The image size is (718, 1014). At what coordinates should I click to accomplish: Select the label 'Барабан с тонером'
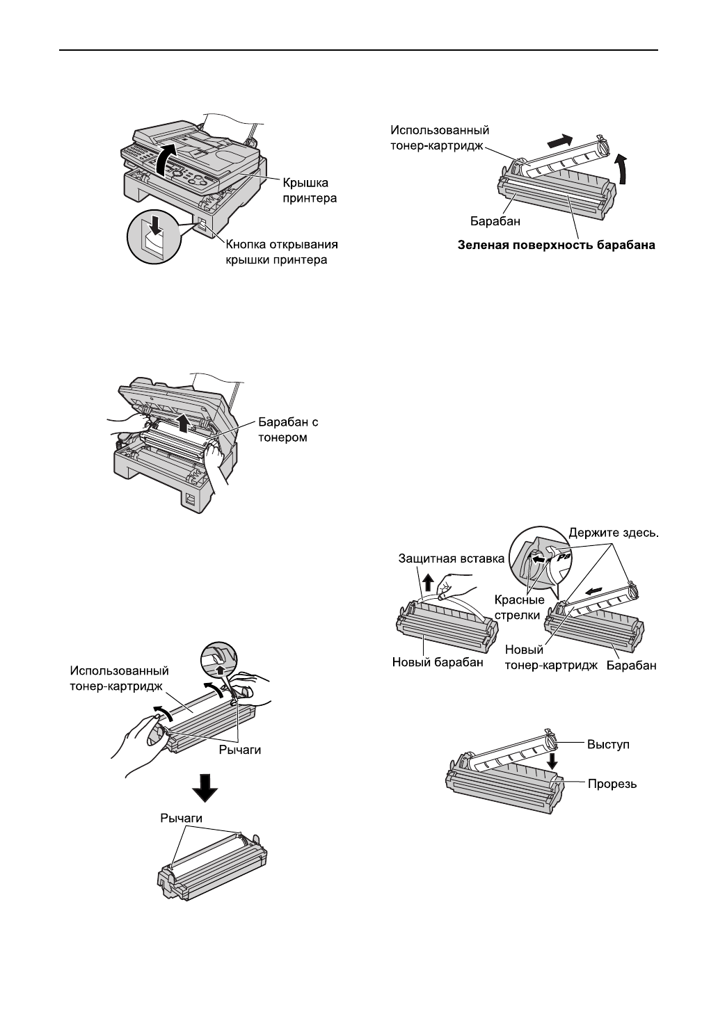[x=288, y=430]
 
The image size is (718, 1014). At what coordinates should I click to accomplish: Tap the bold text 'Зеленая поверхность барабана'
[x=557, y=245]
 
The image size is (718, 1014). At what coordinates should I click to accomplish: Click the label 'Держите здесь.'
[x=614, y=533]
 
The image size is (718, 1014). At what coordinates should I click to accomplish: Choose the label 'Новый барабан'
[x=438, y=662]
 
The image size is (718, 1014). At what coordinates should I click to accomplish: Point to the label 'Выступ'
[x=608, y=744]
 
